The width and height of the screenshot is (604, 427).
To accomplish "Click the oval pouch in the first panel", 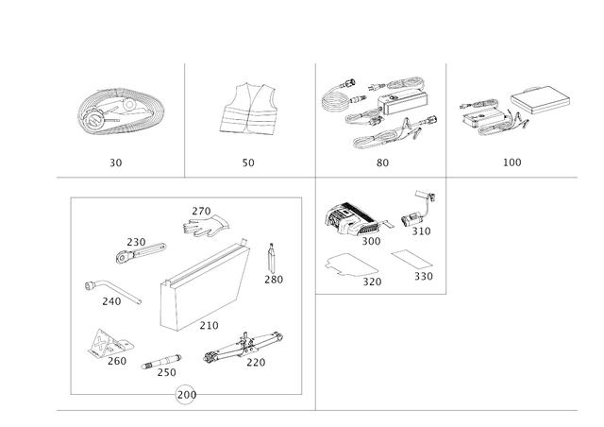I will (116, 111).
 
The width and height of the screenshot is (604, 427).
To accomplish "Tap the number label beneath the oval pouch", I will (116, 162).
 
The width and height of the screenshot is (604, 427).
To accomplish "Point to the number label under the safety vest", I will (248, 162).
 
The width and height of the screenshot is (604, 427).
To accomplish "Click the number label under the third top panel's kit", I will (381, 162).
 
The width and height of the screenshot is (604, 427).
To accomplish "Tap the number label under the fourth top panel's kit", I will (511, 162).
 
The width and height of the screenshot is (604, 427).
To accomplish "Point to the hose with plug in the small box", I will (415, 213).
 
